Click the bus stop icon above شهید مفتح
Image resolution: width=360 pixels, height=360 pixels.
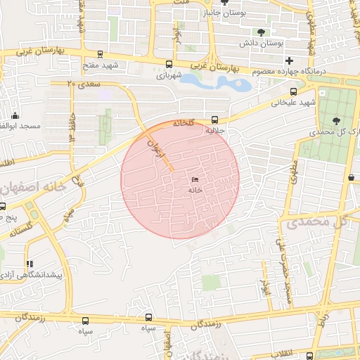(x=100, y=55)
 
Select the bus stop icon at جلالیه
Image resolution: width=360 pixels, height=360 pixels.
(x=214, y=120)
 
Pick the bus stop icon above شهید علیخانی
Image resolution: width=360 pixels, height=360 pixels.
(x=293, y=91)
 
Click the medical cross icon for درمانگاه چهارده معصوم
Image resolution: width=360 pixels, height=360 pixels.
(x=288, y=61)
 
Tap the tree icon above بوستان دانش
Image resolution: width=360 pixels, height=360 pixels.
(x=262, y=32)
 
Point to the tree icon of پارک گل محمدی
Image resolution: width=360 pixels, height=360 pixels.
(x=335, y=121)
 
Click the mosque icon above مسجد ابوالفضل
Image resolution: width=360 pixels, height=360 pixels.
(x=15, y=115)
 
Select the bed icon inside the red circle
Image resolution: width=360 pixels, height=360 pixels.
(x=195, y=180)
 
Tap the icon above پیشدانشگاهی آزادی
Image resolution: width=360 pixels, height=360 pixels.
(x=30, y=264)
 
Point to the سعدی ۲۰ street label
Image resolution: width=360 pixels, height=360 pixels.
(x=84, y=84)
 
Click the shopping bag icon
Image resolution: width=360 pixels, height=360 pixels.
(x=351, y=179)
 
